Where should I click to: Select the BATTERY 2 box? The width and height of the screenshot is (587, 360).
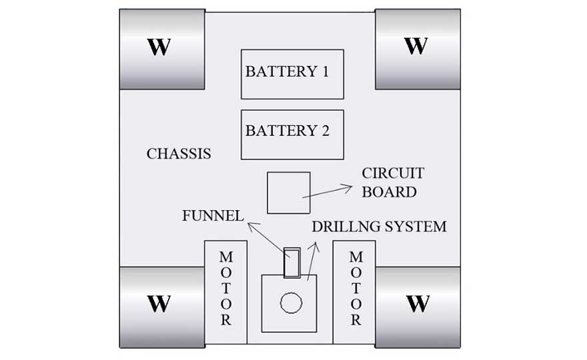[292, 134]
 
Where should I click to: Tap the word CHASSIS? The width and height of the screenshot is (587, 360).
[179, 154]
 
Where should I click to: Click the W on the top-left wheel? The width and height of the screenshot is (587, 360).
[159, 47]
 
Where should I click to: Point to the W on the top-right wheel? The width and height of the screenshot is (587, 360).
[416, 46]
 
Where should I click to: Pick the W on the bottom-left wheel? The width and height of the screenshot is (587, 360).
[159, 304]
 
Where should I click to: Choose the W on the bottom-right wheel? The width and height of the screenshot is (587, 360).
[418, 304]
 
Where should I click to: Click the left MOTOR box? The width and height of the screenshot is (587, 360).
[226, 291]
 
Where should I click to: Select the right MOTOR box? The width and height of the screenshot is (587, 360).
[355, 291]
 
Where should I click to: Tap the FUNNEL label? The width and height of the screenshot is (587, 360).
[212, 215]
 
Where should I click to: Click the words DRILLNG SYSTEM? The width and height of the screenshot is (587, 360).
[379, 227]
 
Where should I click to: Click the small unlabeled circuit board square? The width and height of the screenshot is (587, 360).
[288, 193]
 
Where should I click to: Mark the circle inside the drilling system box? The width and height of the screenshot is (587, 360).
[291, 303]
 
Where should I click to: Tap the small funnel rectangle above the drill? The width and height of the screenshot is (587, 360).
[291, 263]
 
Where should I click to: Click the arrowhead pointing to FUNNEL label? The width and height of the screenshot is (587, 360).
[249, 225]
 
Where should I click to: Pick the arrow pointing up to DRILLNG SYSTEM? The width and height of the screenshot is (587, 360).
[312, 260]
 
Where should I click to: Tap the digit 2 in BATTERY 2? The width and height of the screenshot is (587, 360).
[325, 131]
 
